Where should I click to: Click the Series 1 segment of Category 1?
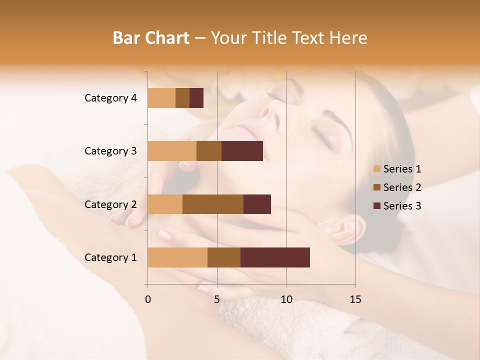[177, 257]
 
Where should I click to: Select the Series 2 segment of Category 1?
[224, 257]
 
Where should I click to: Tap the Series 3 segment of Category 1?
[275, 257]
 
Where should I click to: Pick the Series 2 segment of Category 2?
[213, 204]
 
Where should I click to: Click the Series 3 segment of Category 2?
[257, 204]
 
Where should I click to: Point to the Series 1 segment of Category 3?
[172, 151]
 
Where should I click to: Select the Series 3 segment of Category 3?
[242, 151]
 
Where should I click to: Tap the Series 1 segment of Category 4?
[161, 98]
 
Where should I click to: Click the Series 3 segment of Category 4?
[196, 98]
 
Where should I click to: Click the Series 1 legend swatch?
[377, 169]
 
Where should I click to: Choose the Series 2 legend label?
[402, 187]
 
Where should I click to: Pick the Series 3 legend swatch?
[377, 206]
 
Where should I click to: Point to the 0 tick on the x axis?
[148, 299]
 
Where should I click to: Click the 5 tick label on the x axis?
[217, 299]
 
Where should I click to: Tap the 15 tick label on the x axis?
[355, 299]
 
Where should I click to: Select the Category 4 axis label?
[110, 98]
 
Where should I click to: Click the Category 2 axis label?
[110, 204]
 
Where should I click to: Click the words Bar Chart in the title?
[151, 37]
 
